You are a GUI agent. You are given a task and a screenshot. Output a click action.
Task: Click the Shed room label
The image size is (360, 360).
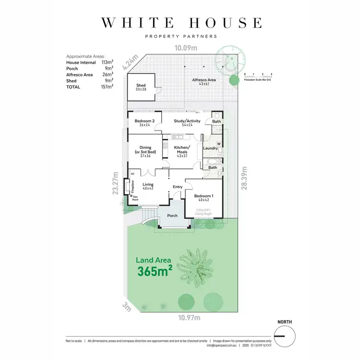[x=141, y=85]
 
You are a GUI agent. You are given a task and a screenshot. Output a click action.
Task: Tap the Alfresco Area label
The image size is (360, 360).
[x=204, y=80]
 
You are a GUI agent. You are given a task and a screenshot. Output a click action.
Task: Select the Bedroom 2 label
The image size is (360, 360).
[x=144, y=121]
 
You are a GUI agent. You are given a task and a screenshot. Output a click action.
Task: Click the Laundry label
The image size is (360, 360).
[x=210, y=148]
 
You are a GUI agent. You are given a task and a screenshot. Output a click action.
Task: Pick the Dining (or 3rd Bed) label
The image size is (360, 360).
[x=145, y=151]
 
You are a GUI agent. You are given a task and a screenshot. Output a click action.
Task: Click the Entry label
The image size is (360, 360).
[x=178, y=187]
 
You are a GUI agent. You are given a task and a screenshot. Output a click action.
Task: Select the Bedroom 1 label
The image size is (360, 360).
[x=204, y=196]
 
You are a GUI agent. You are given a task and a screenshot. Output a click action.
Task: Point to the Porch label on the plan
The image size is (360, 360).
[x=172, y=216]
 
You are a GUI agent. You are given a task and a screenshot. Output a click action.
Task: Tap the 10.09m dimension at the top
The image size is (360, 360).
[x=186, y=48]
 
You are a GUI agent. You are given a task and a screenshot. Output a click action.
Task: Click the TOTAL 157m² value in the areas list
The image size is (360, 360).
[x=107, y=87]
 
